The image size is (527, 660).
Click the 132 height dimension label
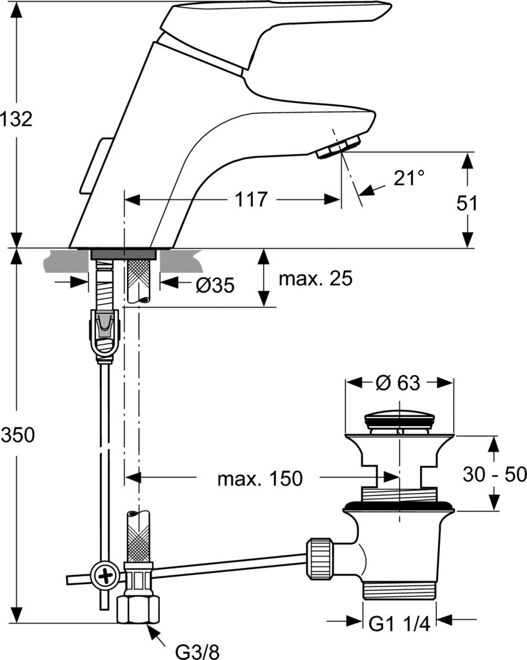click(17, 119)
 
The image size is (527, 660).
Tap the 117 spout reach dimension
click(251, 200)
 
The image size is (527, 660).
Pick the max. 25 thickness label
click(315, 279)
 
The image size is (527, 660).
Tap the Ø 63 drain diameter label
click(398, 383)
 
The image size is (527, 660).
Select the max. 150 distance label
click(259, 478)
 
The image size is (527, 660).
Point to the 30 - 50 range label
click(495, 474)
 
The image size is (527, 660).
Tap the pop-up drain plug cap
click(399, 420)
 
